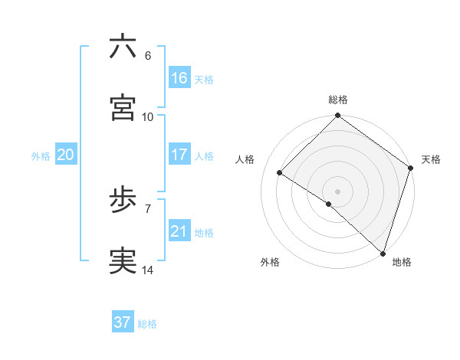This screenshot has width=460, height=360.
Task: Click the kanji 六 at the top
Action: (123, 47)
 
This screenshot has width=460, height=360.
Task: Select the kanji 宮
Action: (123, 107)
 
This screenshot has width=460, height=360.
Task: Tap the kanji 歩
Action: (123, 201)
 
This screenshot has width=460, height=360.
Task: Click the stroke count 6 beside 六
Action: (148, 56)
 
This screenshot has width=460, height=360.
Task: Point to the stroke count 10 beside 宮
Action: (148, 116)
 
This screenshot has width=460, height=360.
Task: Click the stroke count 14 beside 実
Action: (148, 270)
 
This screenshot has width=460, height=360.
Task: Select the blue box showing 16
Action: (179, 78)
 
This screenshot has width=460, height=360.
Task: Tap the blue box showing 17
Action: (179, 155)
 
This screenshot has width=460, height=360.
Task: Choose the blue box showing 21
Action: (179, 231)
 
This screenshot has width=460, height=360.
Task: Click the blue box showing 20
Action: (65, 155)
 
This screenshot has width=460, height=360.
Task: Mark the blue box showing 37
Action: (122, 322)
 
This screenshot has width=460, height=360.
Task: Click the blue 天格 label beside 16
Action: (204, 79)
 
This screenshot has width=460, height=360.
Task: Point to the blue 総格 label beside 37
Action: (147, 323)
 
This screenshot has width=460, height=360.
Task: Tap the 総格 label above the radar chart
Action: (338, 100)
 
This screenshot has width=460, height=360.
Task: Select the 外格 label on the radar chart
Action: (270, 262)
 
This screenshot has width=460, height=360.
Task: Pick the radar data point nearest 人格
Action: (280, 173)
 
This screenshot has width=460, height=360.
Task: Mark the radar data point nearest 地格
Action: (383, 253)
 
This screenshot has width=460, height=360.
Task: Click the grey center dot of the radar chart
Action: (338, 191)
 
